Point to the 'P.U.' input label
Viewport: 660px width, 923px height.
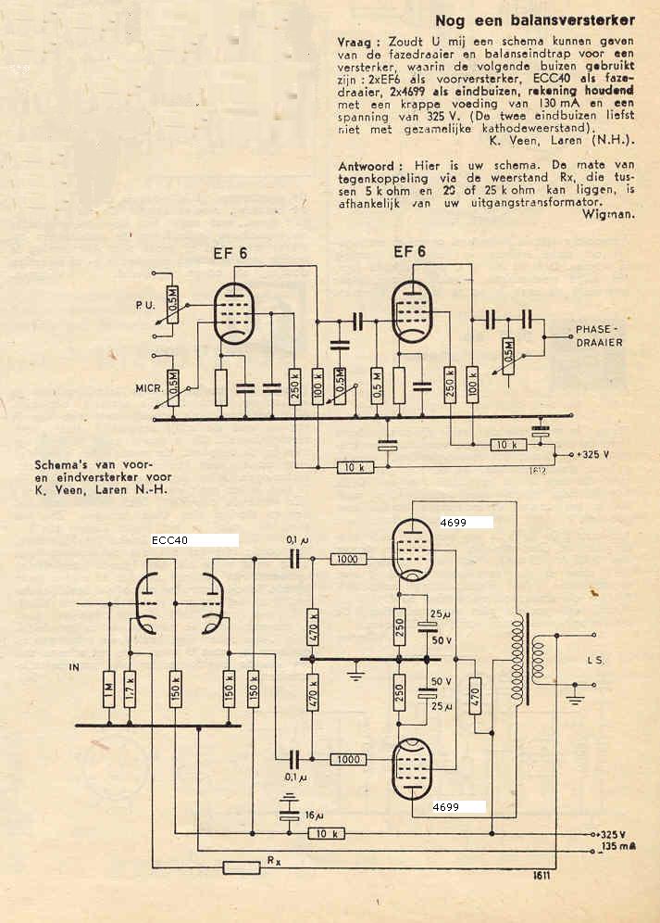pyautogui.click(x=136, y=302)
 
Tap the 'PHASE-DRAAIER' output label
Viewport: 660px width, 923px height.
pyautogui.click(x=599, y=335)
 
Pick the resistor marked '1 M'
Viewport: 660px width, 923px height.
pyautogui.click(x=109, y=687)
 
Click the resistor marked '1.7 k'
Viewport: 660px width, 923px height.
pyautogui.click(x=130, y=687)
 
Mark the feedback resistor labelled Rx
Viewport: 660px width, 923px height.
pyautogui.click(x=242, y=867)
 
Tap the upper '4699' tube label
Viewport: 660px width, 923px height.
pyautogui.click(x=454, y=523)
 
